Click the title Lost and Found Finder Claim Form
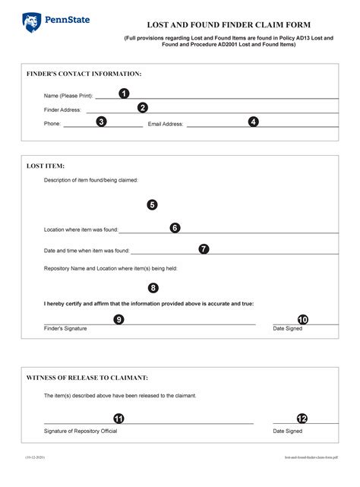tap(229, 25)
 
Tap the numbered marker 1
tap(124, 93)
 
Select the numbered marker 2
tap(143, 108)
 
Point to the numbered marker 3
tap(101, 122)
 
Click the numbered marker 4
tap(254, 122)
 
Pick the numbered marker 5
tap(152, 204)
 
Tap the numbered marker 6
tap(175, 227)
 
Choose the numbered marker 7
tap(204, 248)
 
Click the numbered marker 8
tap(153, 288)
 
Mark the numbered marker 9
tap(118, 320)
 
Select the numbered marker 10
tap(303, 320)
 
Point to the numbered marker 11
tap(118, 419)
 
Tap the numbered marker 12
tap(302, 419)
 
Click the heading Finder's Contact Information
tap(84, 74)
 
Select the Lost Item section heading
tap(46, 165)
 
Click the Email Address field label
tap(166, 124)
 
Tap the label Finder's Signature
tap(65, 328)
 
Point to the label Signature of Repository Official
tap(81, 431)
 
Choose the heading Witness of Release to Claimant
tap(87, 378)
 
